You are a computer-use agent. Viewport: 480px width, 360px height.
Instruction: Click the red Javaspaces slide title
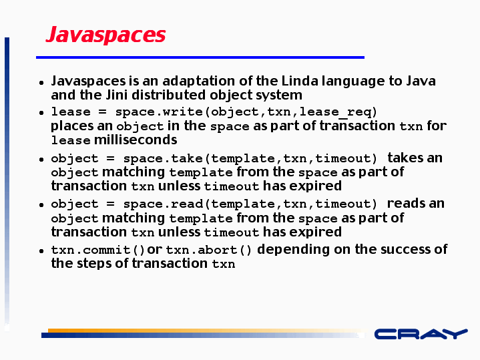click(x=106, y=35)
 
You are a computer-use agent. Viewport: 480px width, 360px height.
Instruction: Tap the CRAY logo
click(x=421, y=334)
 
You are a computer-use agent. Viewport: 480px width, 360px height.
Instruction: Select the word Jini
click(x=116, y=95)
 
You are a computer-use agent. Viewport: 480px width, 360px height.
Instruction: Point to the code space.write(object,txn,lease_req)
click(x=246, y=112)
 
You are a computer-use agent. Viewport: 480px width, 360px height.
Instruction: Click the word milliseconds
click(x=136, y=140)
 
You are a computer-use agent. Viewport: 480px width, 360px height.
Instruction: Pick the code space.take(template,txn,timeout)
click(x=250, y=158)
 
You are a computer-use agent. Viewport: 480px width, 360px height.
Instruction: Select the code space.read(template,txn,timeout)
click(x=250, y=204)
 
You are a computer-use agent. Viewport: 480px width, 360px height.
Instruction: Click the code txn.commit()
click(x=97, y=250)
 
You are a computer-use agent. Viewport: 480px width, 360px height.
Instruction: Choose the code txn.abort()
click(x=208, y=250)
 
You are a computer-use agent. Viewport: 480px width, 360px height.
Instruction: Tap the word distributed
click(x=169, y=95)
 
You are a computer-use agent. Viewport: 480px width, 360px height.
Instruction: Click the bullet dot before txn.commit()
click(x=41, y=251)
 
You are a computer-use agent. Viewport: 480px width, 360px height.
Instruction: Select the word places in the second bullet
click(x=71, y=126)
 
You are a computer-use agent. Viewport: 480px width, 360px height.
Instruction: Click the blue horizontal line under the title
click(x=200, y=57)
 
